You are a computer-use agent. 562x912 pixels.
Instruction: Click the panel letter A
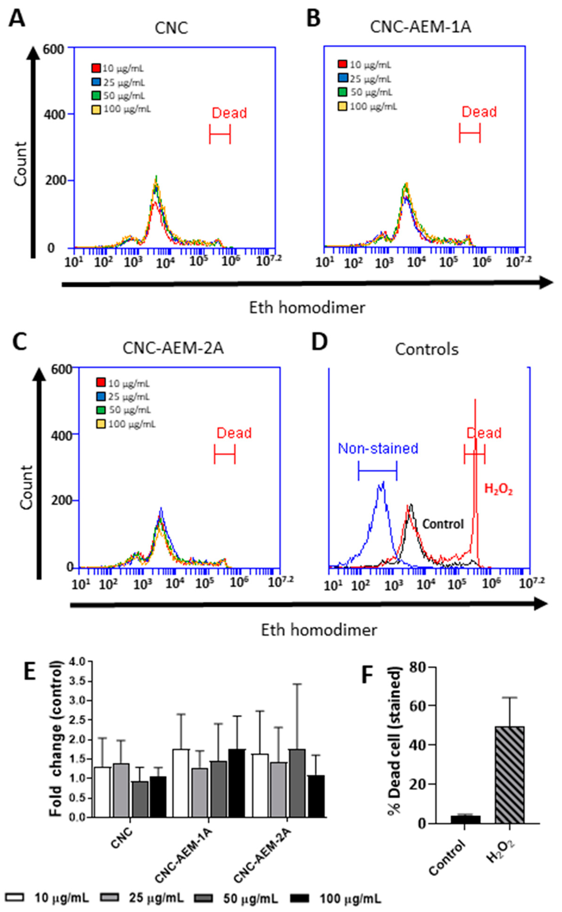pyautogui.click(x=17, y=19)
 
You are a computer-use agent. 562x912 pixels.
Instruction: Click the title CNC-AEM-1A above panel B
pyautogui.click(x=420, y=27)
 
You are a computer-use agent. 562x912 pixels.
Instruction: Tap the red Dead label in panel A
pyautogui.click(x=229, y=113)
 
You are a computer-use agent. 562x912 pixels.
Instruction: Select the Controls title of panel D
pyautogui.click(x=427, y=350)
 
